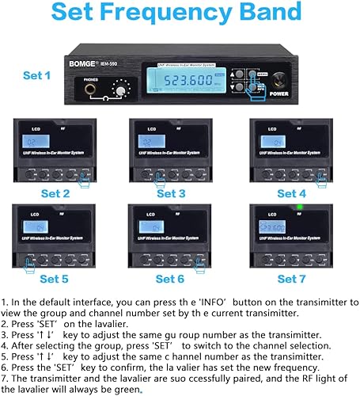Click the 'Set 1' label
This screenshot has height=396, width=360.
pyautogui.click(x=36, y=75)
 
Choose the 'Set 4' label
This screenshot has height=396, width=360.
pyautogui.click(x=290, y=192)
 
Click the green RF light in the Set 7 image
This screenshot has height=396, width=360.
pyautogui.click(x=301, y=209)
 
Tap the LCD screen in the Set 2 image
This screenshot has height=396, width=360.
pyautogui.click(x=35, y=143)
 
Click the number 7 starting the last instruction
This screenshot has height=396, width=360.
pyautogui.click(x=5, y=378)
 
